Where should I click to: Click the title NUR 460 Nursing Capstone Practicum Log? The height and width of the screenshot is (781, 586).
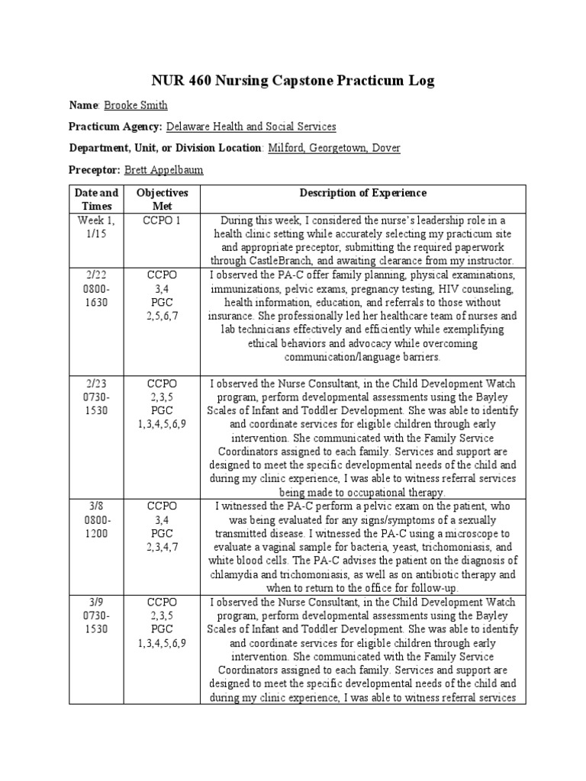point(293,81)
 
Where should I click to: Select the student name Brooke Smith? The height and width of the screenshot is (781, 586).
point(135,105)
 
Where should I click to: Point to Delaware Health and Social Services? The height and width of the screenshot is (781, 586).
point(251,127)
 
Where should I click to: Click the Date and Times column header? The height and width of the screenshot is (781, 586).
point(98,200)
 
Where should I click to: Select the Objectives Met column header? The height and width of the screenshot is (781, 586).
point(162,200)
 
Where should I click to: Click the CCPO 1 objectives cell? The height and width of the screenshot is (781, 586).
point(162,220)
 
